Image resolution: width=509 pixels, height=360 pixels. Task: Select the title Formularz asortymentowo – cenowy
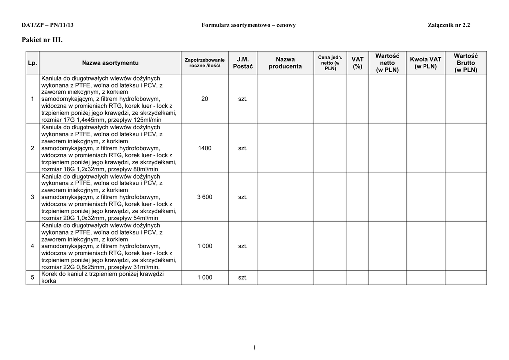coord(249,25)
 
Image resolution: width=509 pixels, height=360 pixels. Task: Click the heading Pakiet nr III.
coord(42,39)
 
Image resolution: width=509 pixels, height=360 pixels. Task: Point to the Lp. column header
coord(33,63)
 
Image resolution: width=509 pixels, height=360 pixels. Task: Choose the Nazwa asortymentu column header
coord(110,63)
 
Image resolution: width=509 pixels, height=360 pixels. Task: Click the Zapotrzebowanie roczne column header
coord(205,63)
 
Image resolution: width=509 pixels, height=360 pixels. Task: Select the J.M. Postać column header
coord(243,63)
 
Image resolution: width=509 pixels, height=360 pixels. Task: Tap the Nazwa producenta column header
coord(285,63)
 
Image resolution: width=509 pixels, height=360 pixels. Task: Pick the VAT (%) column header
coord(357,63)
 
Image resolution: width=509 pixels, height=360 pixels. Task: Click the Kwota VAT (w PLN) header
coord(425,63)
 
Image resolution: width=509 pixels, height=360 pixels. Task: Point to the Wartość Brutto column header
coord(465,63)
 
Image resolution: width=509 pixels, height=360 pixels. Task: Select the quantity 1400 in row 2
coord(205,148)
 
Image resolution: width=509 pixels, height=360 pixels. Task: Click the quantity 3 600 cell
coord(205,197)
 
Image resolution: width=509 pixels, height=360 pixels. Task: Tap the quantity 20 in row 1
coord(205,99)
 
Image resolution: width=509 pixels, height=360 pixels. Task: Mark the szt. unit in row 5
coord(243,277)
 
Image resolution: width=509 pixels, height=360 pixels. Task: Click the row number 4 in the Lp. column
coord(33,246)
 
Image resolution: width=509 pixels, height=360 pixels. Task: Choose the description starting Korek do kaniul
coord(103,277)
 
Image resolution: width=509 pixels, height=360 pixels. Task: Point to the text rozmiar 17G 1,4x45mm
coord(72,120)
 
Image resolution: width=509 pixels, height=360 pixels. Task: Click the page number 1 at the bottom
coord(254,347)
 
